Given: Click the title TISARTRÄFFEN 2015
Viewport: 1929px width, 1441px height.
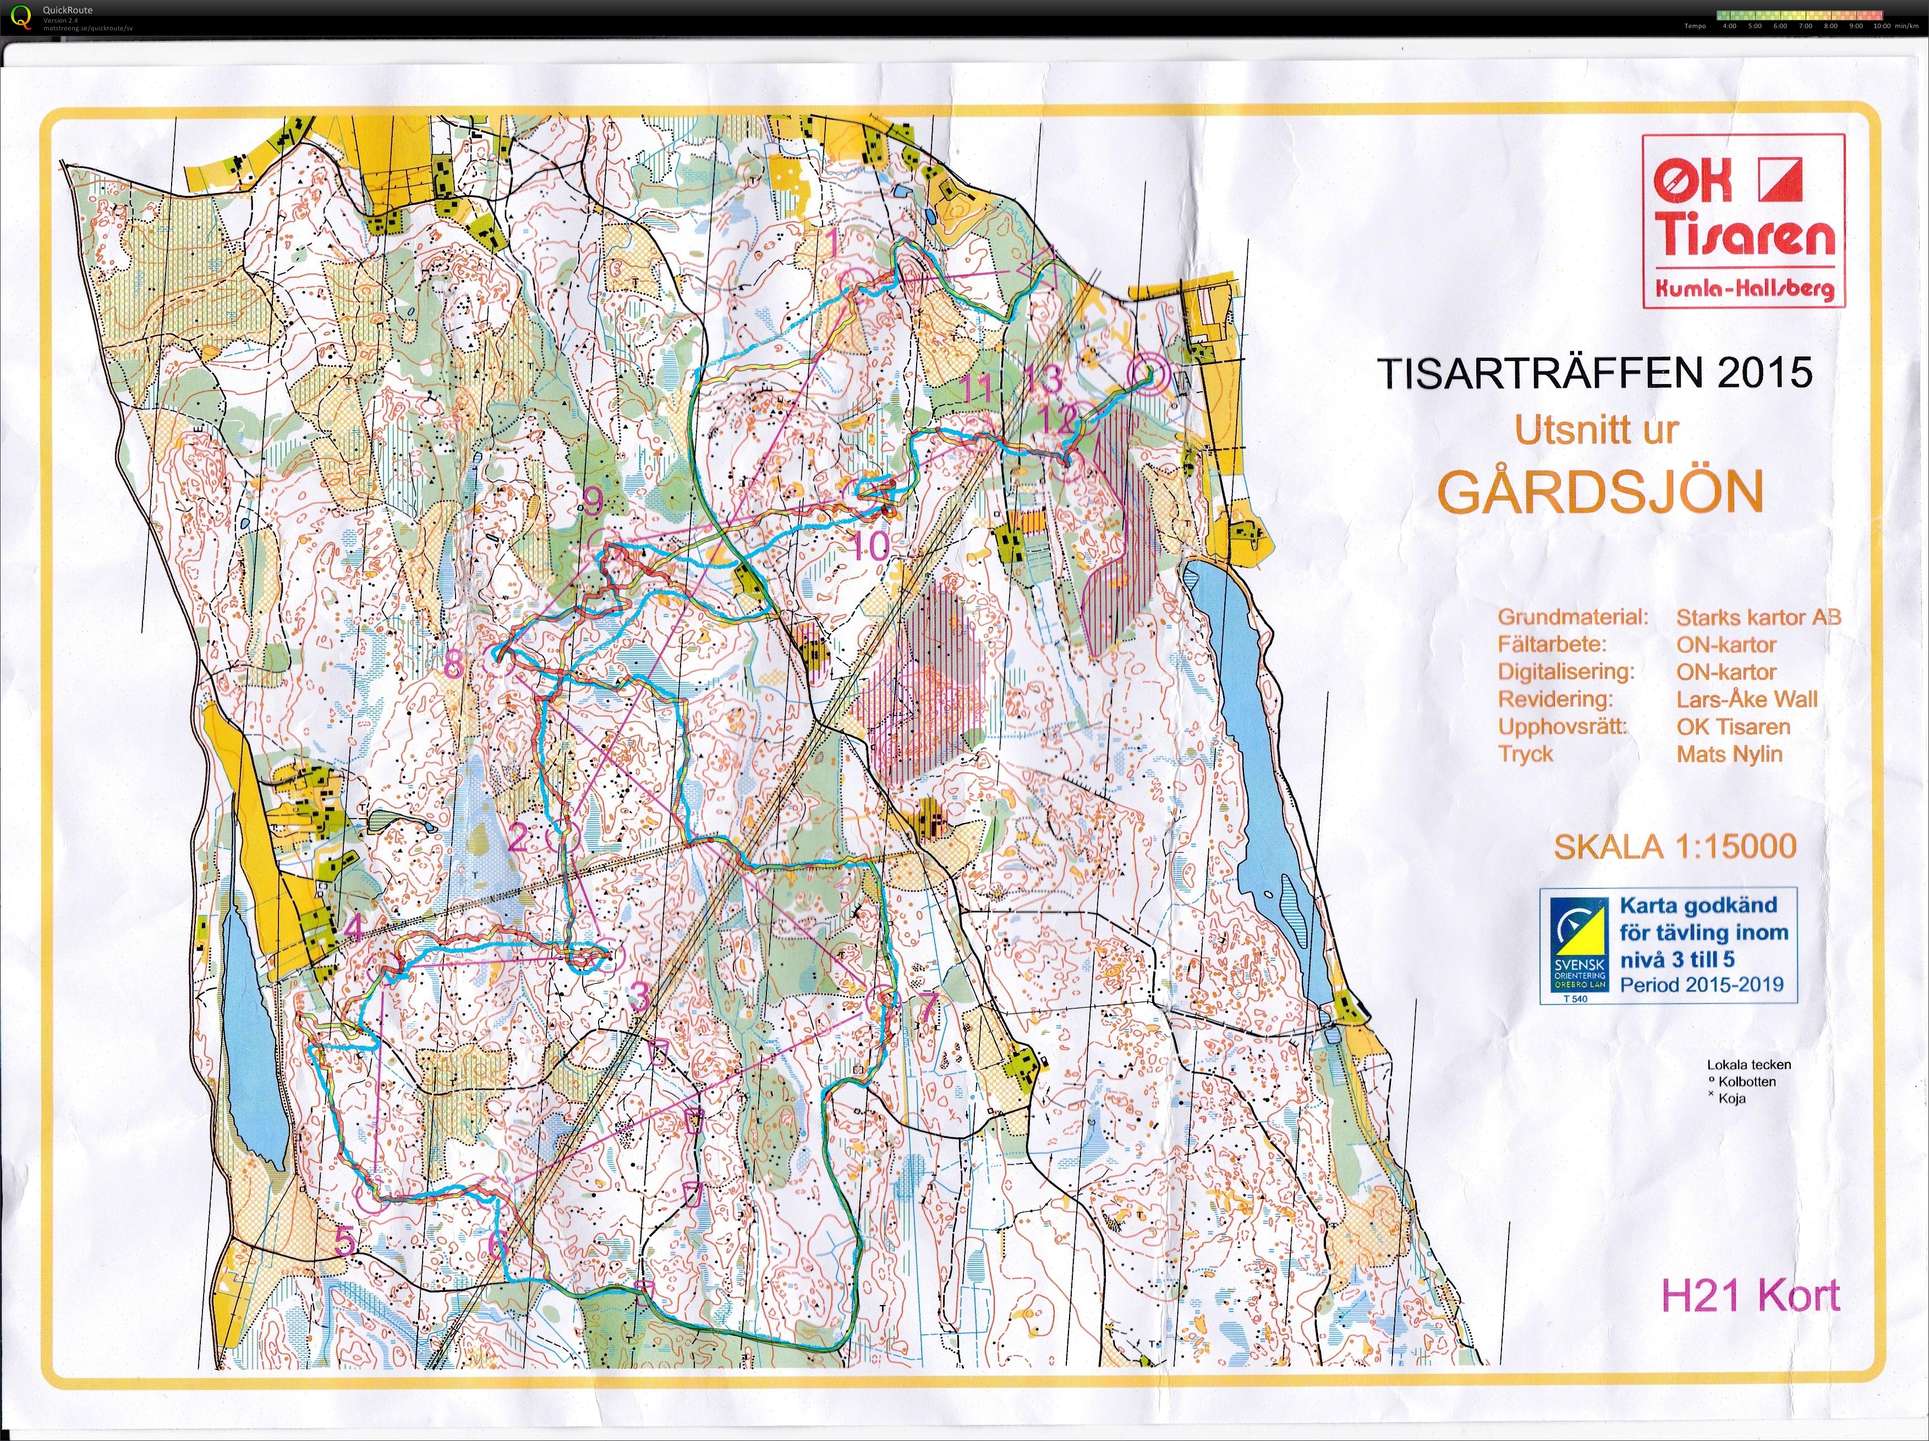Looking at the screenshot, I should pyautogui.click(x=1594, y=374).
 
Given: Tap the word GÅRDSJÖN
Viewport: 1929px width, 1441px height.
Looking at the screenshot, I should pyautogui.click(x=1600, y=492).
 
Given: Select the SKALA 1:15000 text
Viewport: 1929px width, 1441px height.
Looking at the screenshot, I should pyautogui.click(x=1674, y=846).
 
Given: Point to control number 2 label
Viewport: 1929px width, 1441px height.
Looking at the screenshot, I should pyautogui.click(x=517, y=839).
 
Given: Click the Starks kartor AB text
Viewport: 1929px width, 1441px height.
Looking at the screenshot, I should pyautogui.click(x=1758, y=617).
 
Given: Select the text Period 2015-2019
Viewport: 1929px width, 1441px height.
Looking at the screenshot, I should pyautogui.click(x=1701, y=985).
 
